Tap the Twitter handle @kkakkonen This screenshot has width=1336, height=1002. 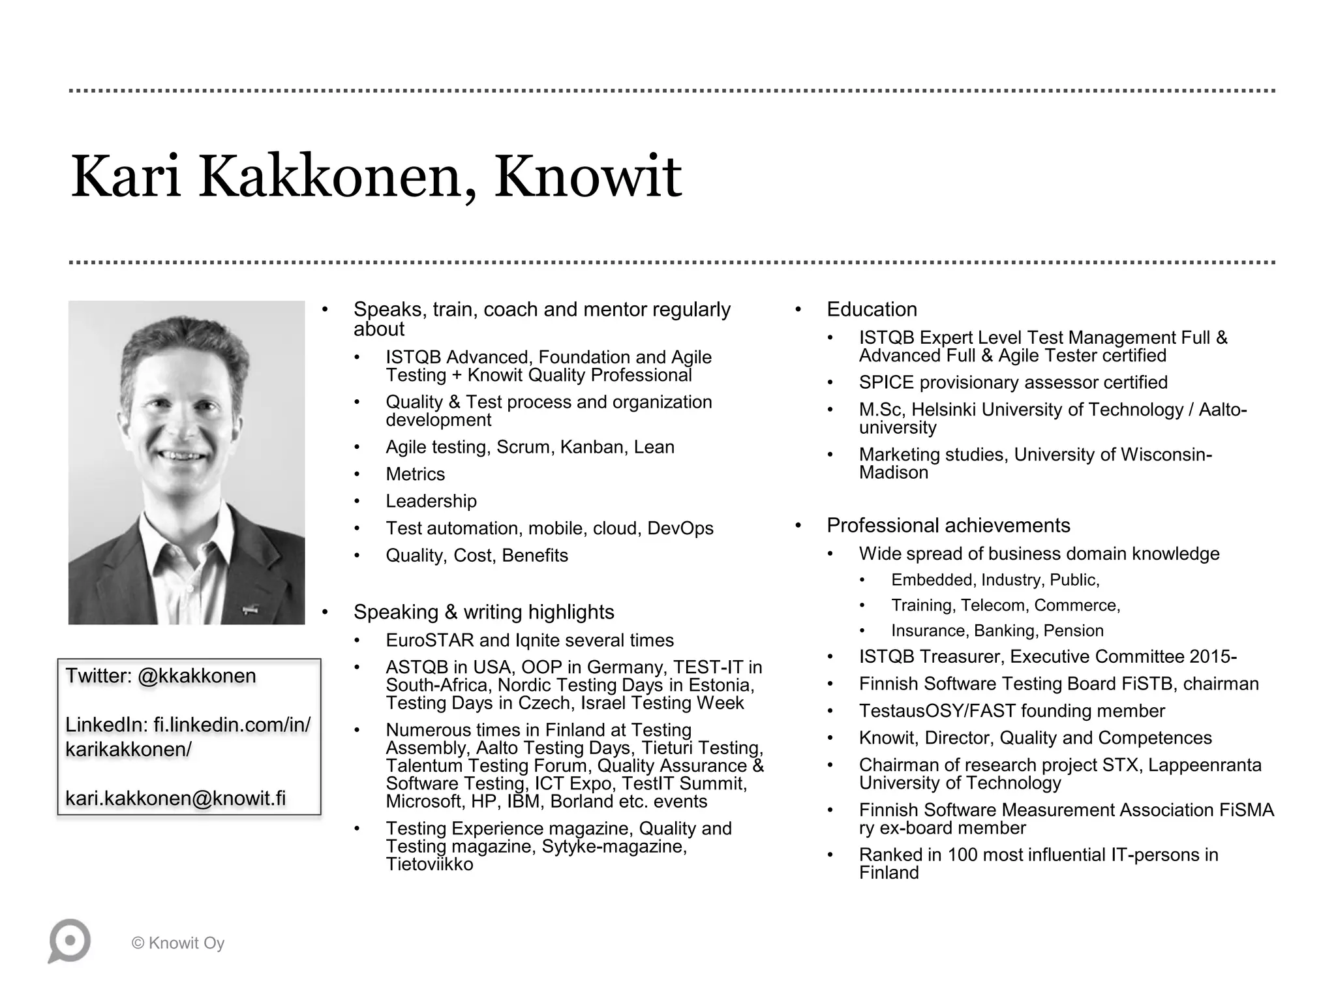coord(197,676)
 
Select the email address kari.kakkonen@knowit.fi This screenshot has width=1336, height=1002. coord(175,798)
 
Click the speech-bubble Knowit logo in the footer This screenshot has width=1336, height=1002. coord(69,941)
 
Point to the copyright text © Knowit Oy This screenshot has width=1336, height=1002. coord(178,943)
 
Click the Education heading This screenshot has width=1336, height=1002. coord(872,309)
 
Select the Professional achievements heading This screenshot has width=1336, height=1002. coord(948,526)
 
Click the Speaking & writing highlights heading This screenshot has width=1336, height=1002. coord(483,612)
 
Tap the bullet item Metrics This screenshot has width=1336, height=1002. coord(415,474)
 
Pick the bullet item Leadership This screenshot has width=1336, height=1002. coord(431,501)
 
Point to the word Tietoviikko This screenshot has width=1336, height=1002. coord(429,864)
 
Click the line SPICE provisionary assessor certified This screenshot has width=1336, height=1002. coord(1013,382)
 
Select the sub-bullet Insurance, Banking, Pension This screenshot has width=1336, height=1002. coord(997,631)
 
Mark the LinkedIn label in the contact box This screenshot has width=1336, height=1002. coord(106,725)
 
